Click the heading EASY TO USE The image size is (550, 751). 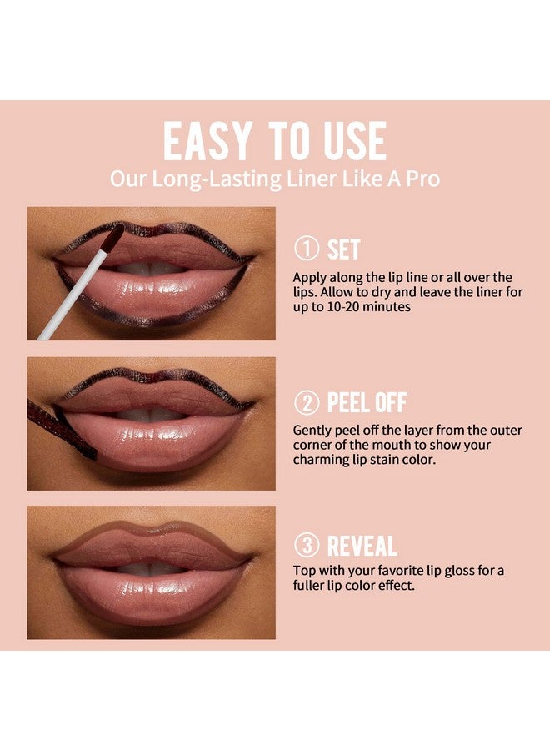pyautogui.click(x=274, y=142)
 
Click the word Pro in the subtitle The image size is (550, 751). pyautogui.click(x=422, y=179)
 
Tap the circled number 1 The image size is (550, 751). pyautogui.click(x=306, y=250)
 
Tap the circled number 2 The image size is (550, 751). pyautogui.click(x=306, y=403)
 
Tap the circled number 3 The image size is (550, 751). pyautogui.click(x=306, y=547)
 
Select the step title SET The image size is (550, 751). pyautogui.click(x=344, y=250)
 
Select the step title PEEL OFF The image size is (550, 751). pyautogui.click(x=367, y=403)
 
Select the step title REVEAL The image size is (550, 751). pyautogui.click(x=362, y=547)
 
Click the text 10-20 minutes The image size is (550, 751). pyautogui.click(x=372, y=306)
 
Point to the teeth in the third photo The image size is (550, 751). pyautogui.click(x=150, y=568)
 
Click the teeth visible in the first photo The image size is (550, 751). pyautogui.click(x=150, y=269)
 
